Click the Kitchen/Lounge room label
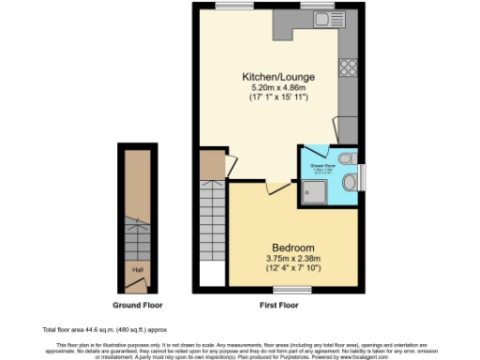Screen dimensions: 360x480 278,76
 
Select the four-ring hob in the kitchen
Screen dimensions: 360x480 348,67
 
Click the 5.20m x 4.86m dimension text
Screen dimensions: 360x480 278,87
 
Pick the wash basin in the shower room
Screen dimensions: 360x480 348,181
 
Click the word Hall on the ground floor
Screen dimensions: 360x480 137,270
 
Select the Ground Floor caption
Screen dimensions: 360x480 138,307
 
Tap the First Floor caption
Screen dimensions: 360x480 277,307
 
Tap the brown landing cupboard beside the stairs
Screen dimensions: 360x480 213,166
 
